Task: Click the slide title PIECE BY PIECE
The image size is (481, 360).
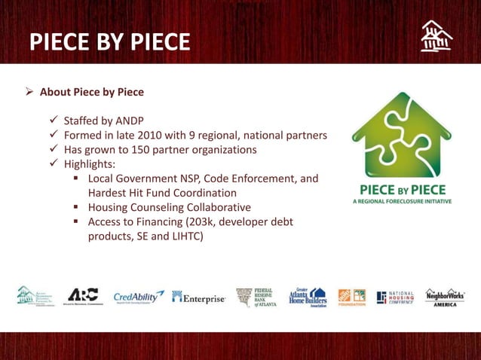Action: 109,41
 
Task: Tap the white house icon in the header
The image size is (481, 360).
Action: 437,37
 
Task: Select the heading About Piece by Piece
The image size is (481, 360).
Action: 91,93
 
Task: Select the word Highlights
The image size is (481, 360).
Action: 89,163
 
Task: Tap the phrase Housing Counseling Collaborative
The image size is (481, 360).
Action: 170,206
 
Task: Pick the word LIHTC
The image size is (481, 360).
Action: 182,236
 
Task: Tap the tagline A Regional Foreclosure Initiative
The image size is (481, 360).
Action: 397,202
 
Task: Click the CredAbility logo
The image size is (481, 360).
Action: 138,297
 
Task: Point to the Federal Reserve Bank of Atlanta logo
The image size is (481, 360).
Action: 254,297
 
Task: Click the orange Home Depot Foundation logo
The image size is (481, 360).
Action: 351,297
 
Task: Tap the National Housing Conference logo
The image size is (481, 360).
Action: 395,297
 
